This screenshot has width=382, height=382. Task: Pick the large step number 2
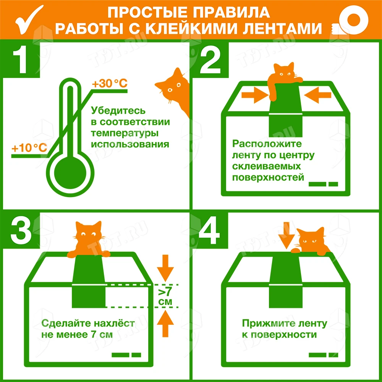tap(210, 60)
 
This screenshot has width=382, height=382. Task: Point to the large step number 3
tap(21, 230)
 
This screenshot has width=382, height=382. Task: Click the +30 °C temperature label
tap(110, 83)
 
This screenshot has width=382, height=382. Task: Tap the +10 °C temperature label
tap(29, 147)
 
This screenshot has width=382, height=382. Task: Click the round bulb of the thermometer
tap(70, 173)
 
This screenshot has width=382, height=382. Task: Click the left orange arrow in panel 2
tap(254, 95)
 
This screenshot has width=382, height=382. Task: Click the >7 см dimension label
tap(165, 296)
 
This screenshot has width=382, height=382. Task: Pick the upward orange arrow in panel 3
tap(165, 323)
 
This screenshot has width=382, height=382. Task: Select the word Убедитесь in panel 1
tap(118, 111)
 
